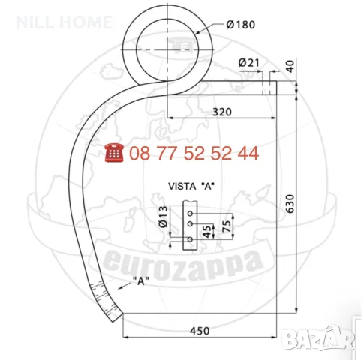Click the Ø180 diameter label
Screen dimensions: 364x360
[x=241, y=25]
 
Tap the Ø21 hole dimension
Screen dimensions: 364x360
[x=249, y=62]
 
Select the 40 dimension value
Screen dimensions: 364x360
[x=290, y=66]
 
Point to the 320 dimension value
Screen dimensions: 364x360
[x=222, y=112]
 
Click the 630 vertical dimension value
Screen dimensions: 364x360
[x=290, y=204]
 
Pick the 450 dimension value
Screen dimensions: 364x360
[x=200, y=331]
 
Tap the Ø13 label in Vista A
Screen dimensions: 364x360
[x=163, y=217]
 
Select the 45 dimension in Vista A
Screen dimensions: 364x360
[x=207, y=232]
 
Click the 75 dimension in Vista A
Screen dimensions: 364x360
[x=227, y=226]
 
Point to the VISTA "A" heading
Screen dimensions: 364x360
[x=191, y=186]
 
